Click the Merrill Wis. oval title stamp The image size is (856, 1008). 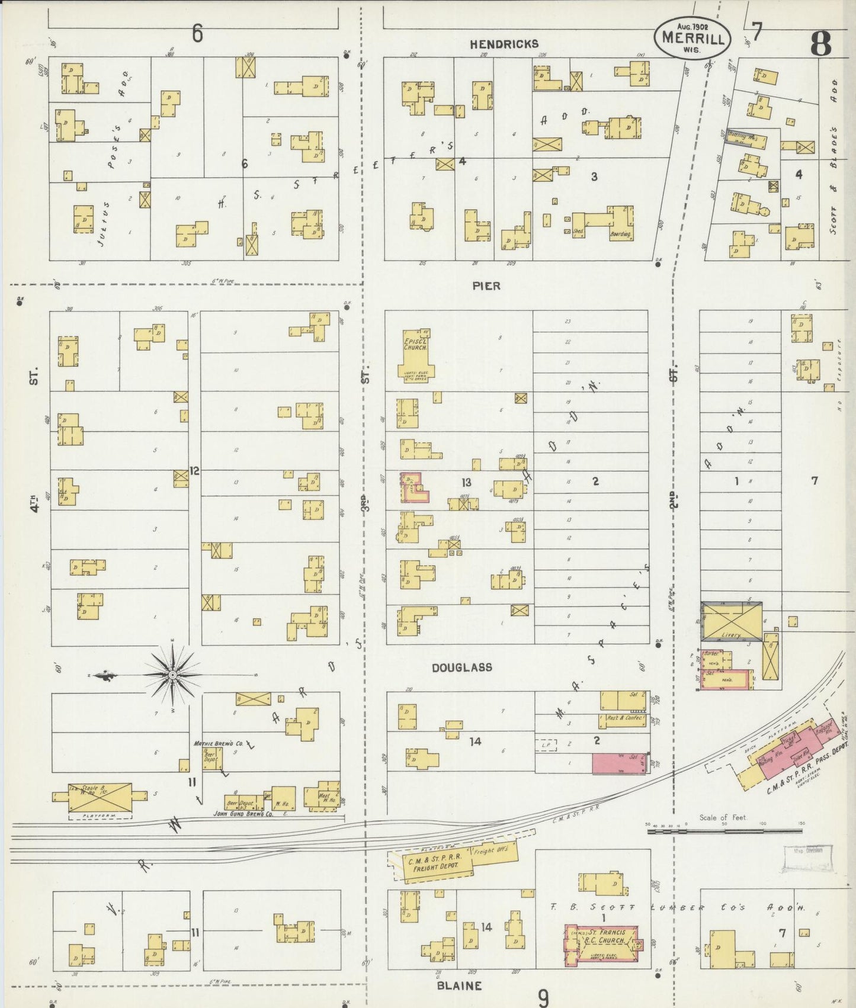692,39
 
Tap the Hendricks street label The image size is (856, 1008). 505,44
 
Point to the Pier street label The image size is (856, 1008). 486,286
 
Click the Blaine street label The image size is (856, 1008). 459,985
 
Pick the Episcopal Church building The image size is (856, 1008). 416,354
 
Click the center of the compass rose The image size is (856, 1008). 172,675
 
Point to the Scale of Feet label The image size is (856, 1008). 723,817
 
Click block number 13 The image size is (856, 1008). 466,483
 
